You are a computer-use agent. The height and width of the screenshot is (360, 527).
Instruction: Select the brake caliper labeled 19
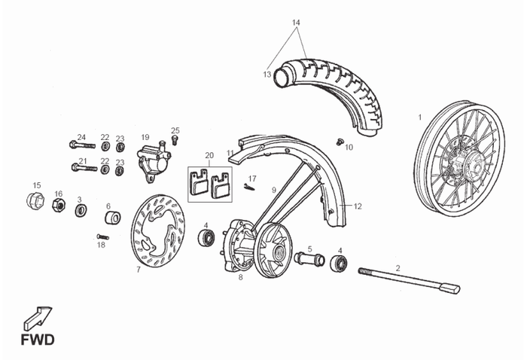[x=154, y=160]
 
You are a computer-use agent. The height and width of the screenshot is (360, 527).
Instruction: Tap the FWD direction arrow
[x=38, y=319]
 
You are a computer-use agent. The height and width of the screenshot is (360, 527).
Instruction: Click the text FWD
[x=38, y=340]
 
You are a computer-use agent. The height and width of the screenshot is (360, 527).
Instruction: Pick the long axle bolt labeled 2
[x=409, y=279]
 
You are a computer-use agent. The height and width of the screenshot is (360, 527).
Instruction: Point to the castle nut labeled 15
[x=35, y=200]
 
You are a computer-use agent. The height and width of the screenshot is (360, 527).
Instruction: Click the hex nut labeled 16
[x=59, y=204]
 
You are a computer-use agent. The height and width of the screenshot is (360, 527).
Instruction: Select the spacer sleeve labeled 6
[x=113, y=218]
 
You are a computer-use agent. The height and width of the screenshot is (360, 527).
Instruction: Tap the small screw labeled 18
[x=102, y=237]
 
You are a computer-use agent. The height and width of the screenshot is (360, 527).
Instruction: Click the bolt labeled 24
[x=82, y=145]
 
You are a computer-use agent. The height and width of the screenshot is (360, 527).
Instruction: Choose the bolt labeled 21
[x=84, y=167]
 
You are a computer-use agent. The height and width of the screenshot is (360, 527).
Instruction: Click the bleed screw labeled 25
[x=174, y=140]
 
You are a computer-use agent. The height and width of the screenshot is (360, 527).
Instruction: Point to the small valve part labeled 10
[x=339, y=142]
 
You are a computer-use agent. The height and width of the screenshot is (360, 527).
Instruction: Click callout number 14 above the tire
[x=296, y=23]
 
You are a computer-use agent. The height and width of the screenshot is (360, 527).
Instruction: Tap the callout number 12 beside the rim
[x=358, y=206]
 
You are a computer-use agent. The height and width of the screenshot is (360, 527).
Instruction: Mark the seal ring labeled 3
[x=81, y=210]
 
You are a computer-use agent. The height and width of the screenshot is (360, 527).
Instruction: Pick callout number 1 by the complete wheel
[x=419, y=117]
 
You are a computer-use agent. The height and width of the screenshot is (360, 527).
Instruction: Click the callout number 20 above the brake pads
[x=209, y=155]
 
